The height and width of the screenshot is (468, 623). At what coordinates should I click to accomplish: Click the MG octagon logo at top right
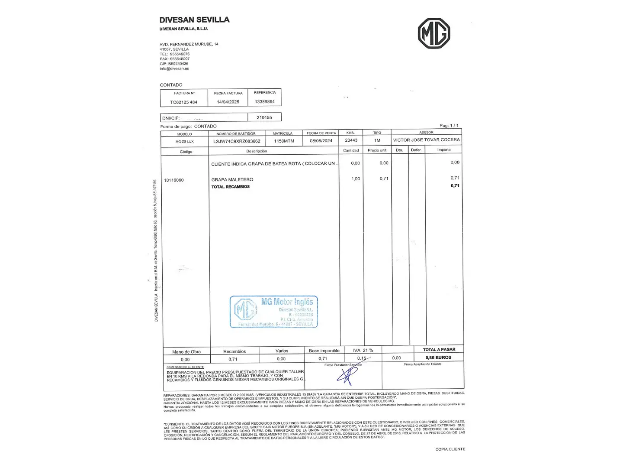click(434, 33)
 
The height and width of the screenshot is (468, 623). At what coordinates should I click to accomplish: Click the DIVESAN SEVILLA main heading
click(194, 20)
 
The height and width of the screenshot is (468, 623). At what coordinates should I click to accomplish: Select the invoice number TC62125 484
click(183, 102)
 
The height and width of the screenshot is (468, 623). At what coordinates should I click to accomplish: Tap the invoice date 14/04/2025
click(228, 102)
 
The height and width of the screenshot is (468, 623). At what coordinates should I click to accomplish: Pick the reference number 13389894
click(265, 102)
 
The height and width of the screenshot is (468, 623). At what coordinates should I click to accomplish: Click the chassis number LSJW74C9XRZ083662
click(237, 141)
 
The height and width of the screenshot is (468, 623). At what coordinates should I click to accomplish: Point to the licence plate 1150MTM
click(284, 141)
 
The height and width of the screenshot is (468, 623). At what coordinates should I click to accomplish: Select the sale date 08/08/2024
click(321, 141)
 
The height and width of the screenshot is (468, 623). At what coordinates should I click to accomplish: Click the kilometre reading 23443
click(351, 140)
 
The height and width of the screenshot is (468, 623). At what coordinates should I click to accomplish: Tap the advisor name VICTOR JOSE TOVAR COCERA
click(426, 140)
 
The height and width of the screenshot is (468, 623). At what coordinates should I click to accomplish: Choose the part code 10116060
click(174, 180)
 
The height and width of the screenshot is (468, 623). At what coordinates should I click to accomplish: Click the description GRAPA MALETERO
click(232, 179)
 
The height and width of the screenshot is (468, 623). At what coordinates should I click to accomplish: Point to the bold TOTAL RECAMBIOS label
click(230, 187)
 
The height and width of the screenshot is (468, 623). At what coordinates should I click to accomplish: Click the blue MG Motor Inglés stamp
click(274, 312)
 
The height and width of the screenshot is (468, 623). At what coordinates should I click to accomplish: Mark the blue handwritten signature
click(347, 375)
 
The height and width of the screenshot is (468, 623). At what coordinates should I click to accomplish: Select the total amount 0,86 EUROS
click(438, 357)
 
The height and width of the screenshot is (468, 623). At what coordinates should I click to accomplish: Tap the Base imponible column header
click(324, 351)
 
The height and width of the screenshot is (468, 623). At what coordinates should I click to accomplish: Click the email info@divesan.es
click(174, 68)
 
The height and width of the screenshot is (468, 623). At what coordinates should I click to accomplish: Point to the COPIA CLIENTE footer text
click(450, 449)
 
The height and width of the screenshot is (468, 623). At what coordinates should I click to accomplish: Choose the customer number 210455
click(264, 117)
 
